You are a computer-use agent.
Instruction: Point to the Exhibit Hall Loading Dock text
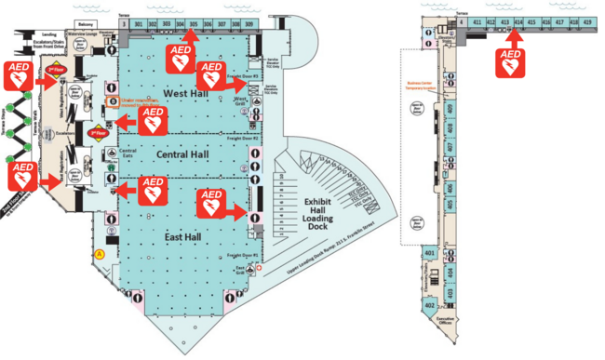coord(326,213)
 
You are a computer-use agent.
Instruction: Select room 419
coord(586,20)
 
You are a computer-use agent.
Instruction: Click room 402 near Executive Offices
coord(430,305)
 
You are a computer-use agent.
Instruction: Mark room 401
coord(430,254)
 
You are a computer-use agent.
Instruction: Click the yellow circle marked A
coord(99,253)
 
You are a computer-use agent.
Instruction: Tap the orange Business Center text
coord(421,86)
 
